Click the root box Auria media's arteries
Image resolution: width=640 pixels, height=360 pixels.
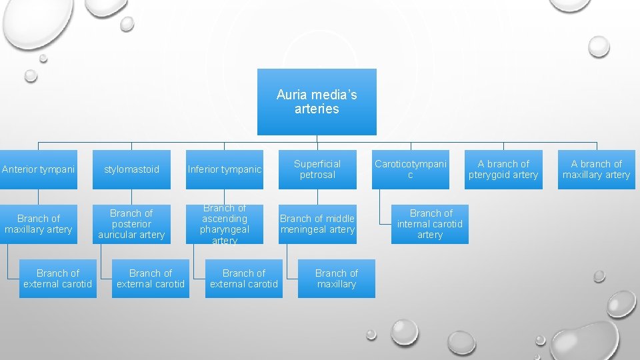317,102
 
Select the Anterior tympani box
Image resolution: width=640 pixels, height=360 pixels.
38,169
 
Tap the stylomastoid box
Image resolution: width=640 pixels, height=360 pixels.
131,169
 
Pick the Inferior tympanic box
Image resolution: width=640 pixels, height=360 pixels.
225,169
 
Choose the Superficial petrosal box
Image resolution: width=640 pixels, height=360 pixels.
317,169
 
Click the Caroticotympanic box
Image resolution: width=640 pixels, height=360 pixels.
410,169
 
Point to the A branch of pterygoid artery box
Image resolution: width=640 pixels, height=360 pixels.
503,169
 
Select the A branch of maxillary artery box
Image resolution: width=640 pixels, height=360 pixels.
596,169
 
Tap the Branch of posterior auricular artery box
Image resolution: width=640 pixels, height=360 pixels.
131,224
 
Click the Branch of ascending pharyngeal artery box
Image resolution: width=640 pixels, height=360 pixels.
225,224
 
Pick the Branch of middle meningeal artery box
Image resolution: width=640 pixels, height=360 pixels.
317,224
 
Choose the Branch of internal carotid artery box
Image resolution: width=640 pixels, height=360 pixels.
430,224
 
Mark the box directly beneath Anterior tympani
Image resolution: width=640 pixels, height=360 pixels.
38,224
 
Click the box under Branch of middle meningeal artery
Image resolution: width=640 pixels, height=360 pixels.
337,279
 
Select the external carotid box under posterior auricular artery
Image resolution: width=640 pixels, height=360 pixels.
151,279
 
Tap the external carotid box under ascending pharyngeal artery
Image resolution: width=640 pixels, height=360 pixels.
244,279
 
